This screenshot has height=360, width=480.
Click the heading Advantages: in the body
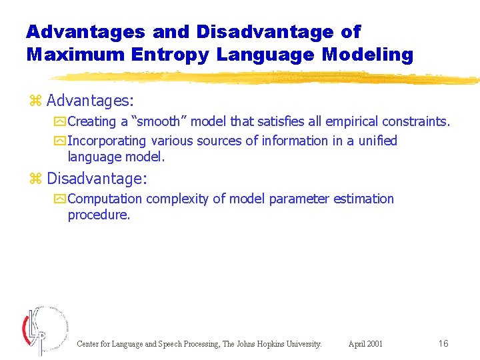[91, 101]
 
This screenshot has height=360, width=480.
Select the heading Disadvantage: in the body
[97, 179]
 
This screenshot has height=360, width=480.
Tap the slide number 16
[443, 343]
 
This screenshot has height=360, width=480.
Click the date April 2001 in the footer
[365, 344]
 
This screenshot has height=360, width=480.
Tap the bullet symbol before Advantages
[36, 101]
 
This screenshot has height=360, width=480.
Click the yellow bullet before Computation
[60, 199]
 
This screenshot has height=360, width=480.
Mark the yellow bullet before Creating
[60, 121]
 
